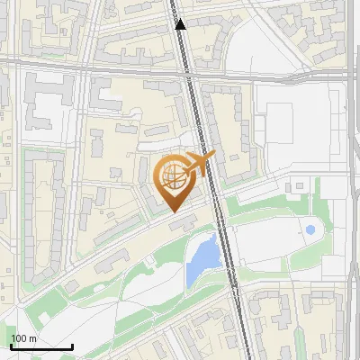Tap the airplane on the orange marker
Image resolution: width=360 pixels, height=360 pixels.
click(x=199, y=162)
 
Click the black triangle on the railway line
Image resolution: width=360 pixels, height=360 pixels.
click(x=180, y=24)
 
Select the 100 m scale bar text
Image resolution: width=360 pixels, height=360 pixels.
click(x=24, y=338)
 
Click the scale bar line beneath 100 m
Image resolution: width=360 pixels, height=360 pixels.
click(x=41, y=346)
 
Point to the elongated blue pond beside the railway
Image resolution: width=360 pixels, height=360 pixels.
click(x=203, y=256)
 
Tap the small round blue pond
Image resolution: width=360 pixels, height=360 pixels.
click(x=310, y=230)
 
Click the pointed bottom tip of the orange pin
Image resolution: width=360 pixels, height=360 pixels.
click(x=173, y=212)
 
